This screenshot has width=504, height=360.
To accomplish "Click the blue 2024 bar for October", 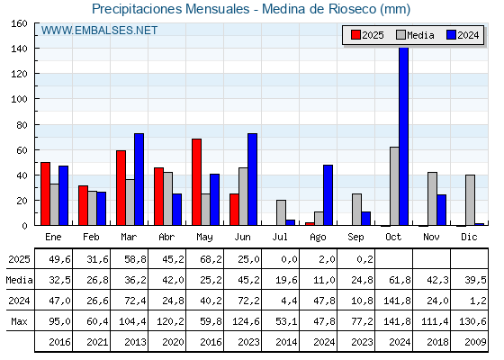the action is coord(404,136).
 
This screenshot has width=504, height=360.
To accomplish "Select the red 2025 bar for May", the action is coord(197,182).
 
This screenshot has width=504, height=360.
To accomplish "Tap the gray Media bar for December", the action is coord(470,200).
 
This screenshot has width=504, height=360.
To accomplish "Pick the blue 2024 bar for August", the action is coord(328,195).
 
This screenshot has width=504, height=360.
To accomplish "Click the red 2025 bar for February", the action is coord(83,205).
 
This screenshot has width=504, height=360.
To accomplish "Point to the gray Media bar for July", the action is coord(281,212).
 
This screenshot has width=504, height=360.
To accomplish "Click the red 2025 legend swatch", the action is coord(355,35).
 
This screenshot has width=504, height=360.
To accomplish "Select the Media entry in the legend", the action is coord(415,35).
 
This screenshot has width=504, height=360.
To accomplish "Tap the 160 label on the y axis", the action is coord(19,23).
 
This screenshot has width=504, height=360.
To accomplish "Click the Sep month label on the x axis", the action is coord(355,238).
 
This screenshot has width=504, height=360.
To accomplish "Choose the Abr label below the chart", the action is coord(166,237).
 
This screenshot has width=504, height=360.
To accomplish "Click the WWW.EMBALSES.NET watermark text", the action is coord(99,31).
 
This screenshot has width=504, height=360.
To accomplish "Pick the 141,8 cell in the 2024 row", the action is coord(397,301).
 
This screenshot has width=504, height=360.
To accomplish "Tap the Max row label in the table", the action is coord(19,321).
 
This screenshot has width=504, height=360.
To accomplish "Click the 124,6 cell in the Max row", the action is coord(246,321).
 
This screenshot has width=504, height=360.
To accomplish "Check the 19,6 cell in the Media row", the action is coord(286,280).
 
